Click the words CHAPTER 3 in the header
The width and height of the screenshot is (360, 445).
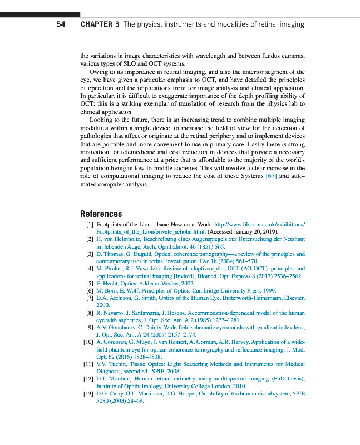pos(100,24)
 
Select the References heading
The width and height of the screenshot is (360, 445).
pos(101,214)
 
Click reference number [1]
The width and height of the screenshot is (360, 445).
pos(88,224)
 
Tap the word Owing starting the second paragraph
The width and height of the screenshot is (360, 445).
pos(100,72)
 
